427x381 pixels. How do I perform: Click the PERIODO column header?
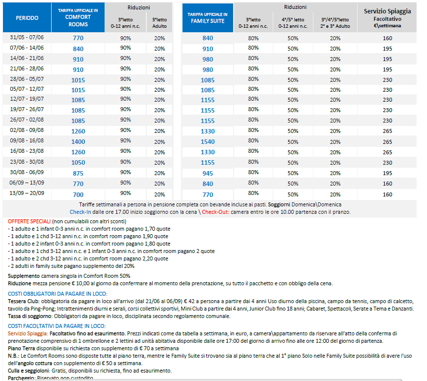point(27,18)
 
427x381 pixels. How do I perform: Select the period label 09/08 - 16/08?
point(27,141)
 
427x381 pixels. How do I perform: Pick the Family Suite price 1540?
point(207,142)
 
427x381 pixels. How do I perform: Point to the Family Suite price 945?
point(207,174)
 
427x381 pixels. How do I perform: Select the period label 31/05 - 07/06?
point(27,38)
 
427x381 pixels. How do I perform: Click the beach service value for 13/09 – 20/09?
point(387,194)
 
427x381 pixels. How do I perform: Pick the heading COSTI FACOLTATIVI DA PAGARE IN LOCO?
point(57,326)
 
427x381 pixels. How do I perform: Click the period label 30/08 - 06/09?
point(27,173)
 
